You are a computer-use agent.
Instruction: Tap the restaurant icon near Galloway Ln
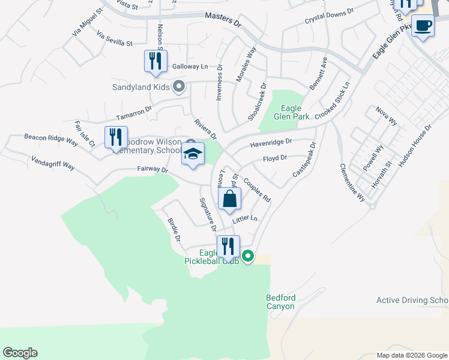coord(155,61)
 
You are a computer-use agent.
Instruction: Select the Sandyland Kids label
coord(141,87)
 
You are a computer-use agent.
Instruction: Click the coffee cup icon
coord(423,26)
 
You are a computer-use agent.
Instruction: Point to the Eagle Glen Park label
coord(291,112)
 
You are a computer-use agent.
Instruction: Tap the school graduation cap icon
coord(193,154)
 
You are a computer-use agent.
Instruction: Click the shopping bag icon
coord(230,199)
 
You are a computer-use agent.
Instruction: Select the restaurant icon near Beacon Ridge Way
coord(116,137)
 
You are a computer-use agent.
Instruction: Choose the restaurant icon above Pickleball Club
coord(228,246)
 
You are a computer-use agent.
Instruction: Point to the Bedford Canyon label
coord(280,302)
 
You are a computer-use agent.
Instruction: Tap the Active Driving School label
coord(412,300)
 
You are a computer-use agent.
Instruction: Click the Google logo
coord(20,353)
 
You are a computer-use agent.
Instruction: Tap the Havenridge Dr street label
coord(271,142)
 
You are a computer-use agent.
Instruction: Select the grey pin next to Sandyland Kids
coord(178,88)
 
